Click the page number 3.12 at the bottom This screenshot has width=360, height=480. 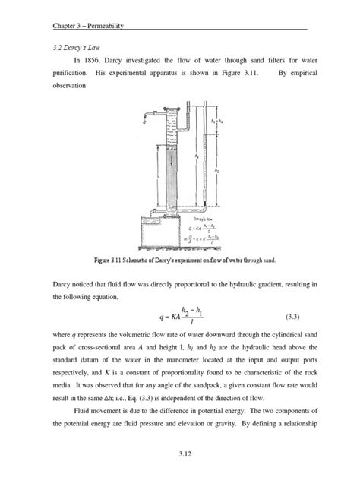point(180,454)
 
